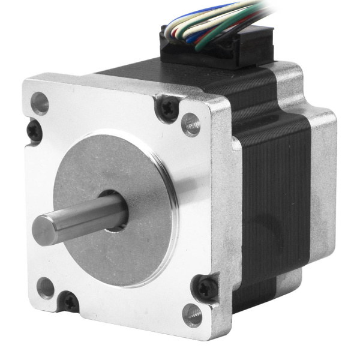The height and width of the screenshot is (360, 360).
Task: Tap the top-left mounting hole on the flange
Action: [40, 103]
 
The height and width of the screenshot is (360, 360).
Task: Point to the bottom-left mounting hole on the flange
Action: [46, 287]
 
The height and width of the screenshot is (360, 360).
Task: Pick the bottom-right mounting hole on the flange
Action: [193, 314]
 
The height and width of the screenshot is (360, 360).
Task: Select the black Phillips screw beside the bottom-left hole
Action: [71, 302]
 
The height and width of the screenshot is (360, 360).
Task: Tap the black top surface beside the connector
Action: [138, 75]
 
